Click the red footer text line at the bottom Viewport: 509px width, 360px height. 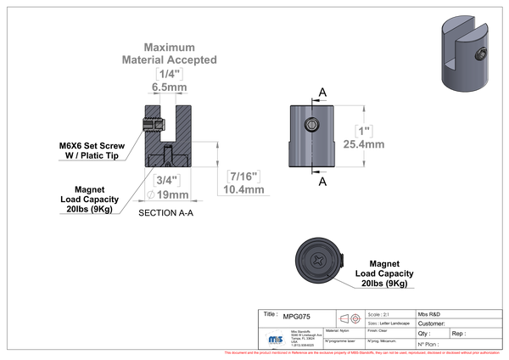click(365, 352)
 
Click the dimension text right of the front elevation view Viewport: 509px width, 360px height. click(364, 138)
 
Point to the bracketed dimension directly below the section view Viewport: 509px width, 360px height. click(166, 181)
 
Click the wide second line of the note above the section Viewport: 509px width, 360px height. click(169, 59)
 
